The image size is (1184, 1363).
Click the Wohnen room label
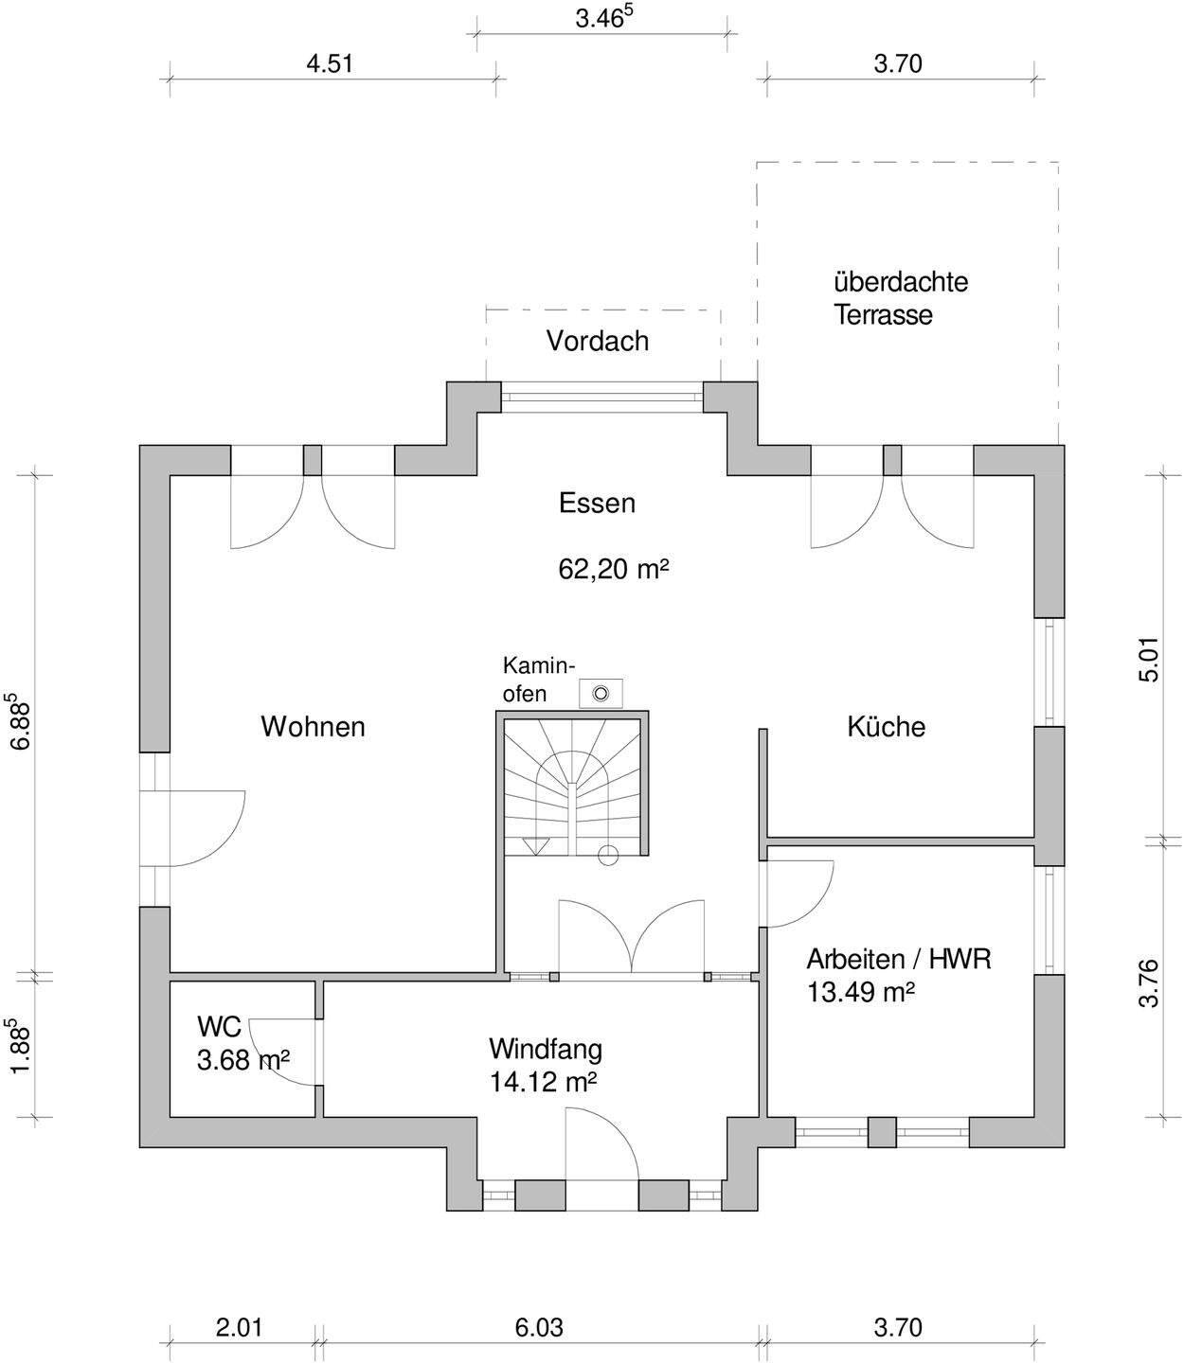pyautogui.click(x=313, y=727)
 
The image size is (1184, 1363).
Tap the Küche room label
pyautogui.click(x=886, y=727)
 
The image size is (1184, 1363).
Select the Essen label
pyautogui.click(x=597, y=503)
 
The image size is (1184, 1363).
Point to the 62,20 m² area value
pyautogui.click(x=614, y=569)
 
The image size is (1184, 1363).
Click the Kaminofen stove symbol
pyautogui.click(x=600, y=693)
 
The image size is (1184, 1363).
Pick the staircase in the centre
pyautogui.click(x=575, y=786)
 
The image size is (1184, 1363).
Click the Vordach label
pyautogui.click(x=598, y=341)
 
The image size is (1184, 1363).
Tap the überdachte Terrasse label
pyautogui.click(x=900, y=298)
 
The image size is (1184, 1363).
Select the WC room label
pyautogui.click(x=219, y=1026)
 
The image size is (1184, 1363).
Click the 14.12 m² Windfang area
pyautogui.click(x=543, y=1081)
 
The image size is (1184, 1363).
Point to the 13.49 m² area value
pyautogui.click(x=860, y=992)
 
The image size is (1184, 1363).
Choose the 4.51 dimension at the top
pyautogui.click(x=330, y=64)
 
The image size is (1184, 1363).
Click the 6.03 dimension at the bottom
pyautogui.click(x=539, y=1328)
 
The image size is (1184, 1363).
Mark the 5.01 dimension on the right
pyautogui.click(x=1148, y=660)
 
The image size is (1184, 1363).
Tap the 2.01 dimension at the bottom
pyautogui.click(x=239, y=1328)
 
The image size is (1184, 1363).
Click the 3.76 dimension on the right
pyautogui.click(x=1148, y=984)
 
